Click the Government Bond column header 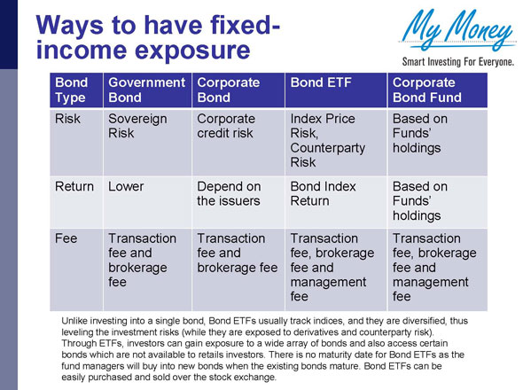pos(143,90)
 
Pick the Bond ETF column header pos(320,82)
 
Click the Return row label pos(74,187)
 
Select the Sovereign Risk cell pos(137,126)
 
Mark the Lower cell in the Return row pos(127,187)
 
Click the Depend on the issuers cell pos(229,194)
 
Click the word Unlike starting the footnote pos(76,318)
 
